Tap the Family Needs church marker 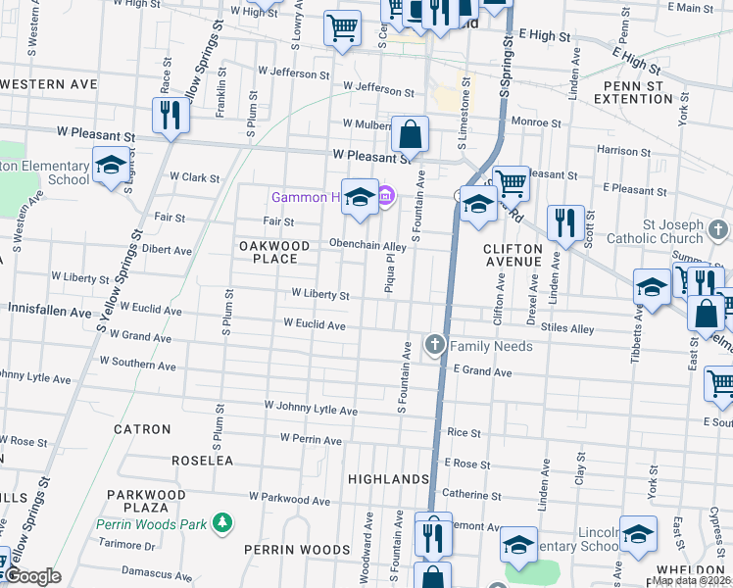434,345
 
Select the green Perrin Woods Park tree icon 223,523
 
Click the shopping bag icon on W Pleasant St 411,135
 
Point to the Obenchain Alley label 367,246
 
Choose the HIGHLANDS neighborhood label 389,479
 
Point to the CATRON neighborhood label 142,429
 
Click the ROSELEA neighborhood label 202,460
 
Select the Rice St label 464,432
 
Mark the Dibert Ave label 168,249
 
